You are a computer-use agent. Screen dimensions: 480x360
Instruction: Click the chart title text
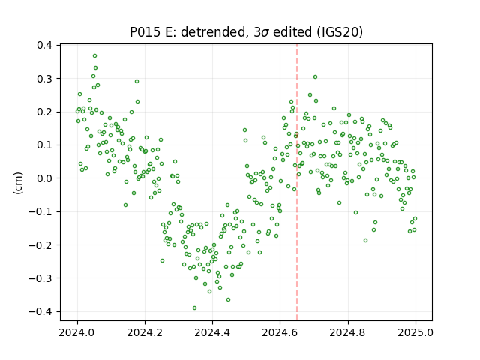tap(247, 32)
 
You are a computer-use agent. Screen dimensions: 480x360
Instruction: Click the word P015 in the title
tap(145, 32)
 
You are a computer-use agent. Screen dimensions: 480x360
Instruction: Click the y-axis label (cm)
tap(18, 183)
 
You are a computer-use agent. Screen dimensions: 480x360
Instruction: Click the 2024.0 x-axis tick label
tap(77, 332)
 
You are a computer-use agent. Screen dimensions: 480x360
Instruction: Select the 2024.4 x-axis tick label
tap(212, 332)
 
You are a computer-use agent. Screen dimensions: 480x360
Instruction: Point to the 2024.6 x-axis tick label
tap(280, 332)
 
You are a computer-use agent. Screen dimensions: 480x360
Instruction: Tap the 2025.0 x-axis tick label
tap(415, 332)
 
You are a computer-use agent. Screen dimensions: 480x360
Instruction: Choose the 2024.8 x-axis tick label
tap(348, 332)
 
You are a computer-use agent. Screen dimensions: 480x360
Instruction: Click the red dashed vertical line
tap(297, 182)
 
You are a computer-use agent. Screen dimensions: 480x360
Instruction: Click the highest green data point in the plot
tap(95, 56)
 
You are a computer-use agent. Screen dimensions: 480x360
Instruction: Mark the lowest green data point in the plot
tap(194, 308)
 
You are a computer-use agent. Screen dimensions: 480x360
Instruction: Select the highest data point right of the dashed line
tap(315, 77)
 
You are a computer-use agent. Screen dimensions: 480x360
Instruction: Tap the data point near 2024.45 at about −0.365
tap(228, 300)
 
